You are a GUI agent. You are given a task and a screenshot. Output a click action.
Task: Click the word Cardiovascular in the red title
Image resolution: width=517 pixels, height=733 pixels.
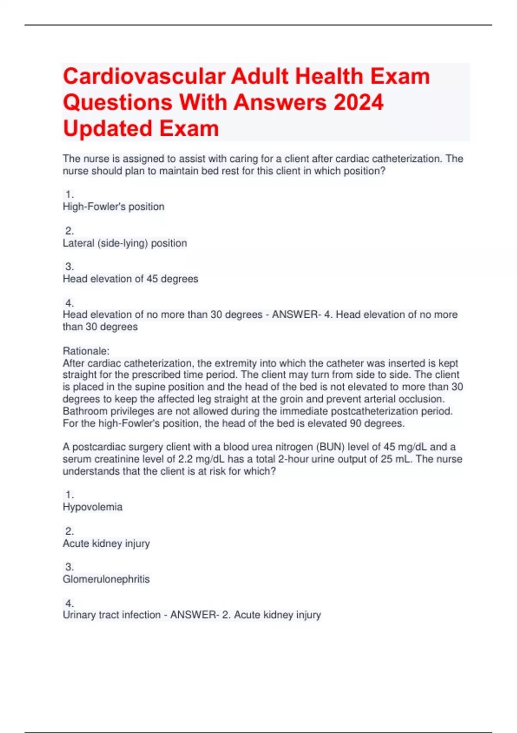coord(145,76)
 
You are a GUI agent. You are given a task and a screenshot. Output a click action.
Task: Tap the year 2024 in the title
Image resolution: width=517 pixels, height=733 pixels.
coord(358,103)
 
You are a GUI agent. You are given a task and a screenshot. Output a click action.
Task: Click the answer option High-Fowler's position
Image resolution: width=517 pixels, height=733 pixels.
coord(113,207)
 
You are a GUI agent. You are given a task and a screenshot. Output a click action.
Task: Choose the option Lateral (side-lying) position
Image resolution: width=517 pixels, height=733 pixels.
coord(125,243)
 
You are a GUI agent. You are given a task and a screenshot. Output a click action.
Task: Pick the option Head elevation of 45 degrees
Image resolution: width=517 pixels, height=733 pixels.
coord(130,279)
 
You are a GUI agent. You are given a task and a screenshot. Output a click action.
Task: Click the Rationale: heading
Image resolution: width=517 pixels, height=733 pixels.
coord(86,351)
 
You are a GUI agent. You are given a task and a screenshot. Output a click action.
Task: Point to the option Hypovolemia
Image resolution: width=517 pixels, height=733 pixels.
coord(92,507)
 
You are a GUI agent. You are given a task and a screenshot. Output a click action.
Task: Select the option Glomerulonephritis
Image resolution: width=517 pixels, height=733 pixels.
coord(106,579)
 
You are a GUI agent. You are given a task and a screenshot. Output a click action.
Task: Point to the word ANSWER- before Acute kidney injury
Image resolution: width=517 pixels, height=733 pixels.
coord(194,615)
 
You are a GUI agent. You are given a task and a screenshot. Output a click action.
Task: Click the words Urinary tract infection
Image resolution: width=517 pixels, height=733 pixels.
coord(111,615)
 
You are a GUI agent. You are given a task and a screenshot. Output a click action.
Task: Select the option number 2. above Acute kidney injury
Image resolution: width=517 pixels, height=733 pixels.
coord(69,531)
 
